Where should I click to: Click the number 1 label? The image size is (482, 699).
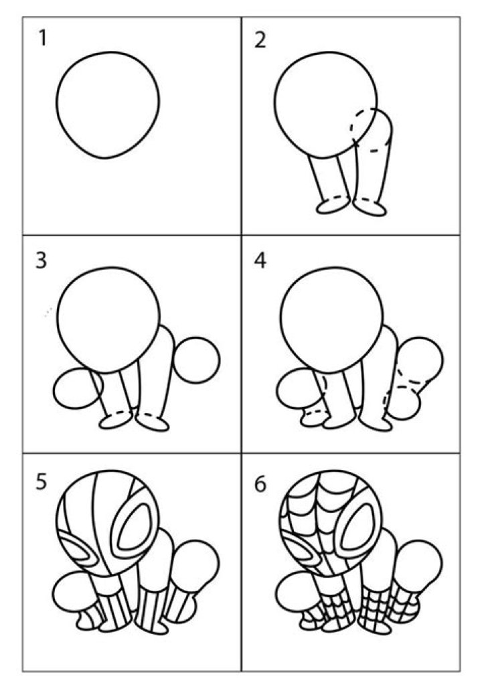(42, 40)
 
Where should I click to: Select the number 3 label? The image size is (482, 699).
(42, 260)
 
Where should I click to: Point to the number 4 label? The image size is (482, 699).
(260, 260)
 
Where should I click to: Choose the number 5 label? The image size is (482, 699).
(42, 482)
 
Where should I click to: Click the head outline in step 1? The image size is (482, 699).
(108, 104)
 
